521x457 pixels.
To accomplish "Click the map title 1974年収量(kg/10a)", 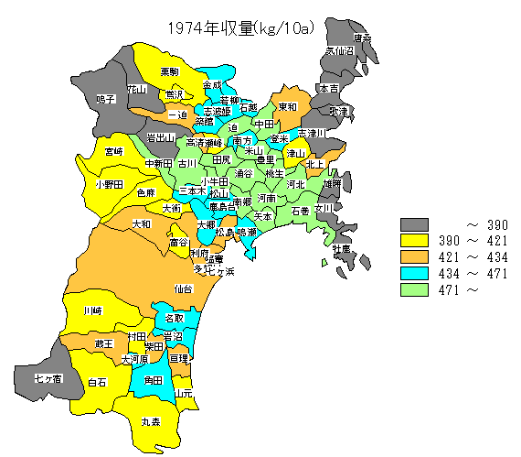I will pos(240,28).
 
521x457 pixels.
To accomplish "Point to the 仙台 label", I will pos(184,288).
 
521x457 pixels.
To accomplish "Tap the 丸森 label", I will pos(151,423).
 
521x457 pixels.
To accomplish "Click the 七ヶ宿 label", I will pos(48,377).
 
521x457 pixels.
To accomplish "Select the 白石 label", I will pos(97,382).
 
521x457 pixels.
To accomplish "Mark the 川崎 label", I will pos(92,311).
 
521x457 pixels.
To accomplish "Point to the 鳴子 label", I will pos(106,98).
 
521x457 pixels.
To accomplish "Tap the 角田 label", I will pos(154,379).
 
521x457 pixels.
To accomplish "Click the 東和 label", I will pos(287,106).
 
